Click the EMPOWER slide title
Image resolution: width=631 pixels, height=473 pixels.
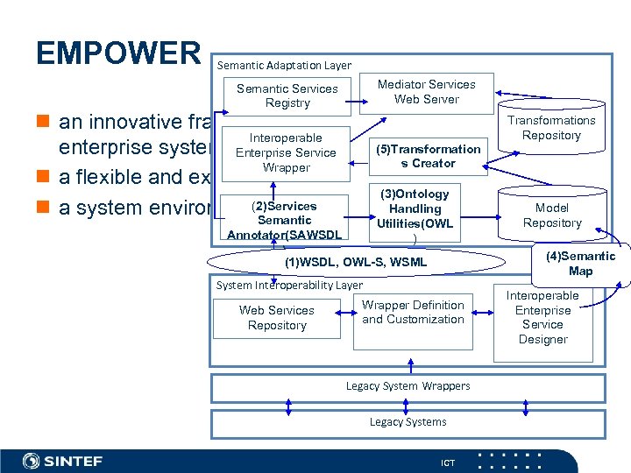(118, 53)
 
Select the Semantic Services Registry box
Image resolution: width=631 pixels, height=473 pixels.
(287, 95)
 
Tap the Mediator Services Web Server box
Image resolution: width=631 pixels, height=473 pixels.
(426, 92)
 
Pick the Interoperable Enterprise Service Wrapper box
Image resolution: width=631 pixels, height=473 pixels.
(287, 152)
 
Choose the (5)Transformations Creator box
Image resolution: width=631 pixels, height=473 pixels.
(428, 156)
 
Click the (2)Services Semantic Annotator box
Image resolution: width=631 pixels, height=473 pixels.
(284, 220)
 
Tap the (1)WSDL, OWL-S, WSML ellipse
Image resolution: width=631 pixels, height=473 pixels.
(357, 262)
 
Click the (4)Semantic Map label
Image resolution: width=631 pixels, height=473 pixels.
(580, 264)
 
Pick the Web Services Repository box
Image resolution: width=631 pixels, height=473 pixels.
(277, 318)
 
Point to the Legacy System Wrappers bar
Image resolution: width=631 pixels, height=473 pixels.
(408, 386)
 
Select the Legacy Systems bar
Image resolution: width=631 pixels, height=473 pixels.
(408, 422)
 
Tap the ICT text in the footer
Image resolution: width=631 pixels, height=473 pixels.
(448, 462)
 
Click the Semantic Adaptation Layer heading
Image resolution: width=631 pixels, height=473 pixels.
(284, 65)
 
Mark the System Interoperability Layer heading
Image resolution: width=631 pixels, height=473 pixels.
(289, 285)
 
